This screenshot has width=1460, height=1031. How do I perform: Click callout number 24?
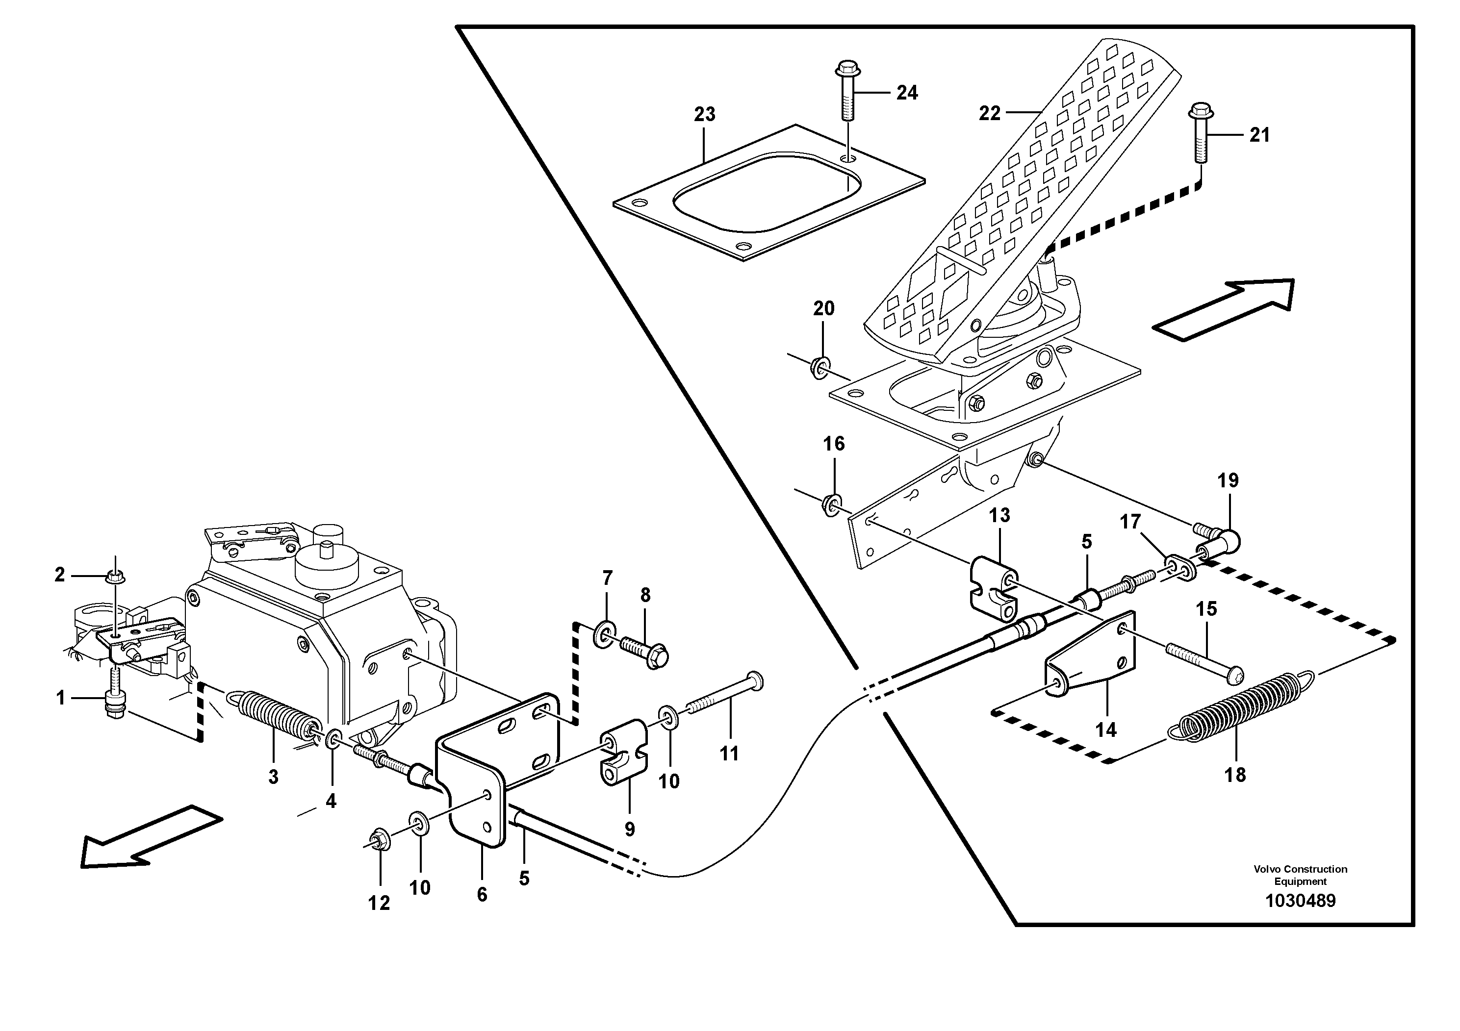pos(907,94)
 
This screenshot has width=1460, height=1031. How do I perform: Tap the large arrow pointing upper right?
pos(1224,309)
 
